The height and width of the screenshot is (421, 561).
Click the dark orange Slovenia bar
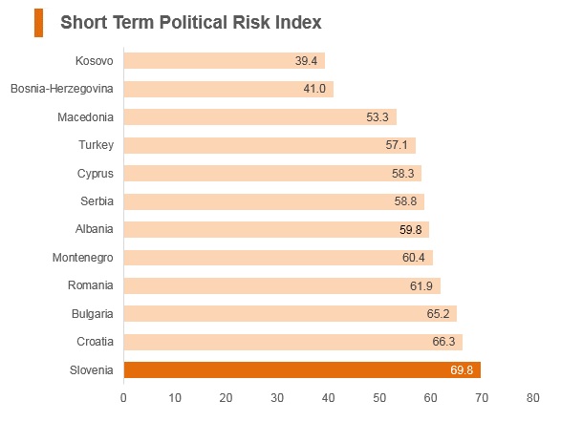click(x=302, y=369)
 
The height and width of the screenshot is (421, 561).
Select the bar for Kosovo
click(x=225, y=61)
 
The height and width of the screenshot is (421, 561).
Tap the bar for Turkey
click(x=270, y=145)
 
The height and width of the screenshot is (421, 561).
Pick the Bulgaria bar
click(x=291, y=314)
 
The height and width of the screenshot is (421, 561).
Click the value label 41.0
click(x=314, y=89)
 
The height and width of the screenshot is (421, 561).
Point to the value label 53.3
click(x=378, y=116)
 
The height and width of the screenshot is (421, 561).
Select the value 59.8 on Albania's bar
click(x=410, y=229)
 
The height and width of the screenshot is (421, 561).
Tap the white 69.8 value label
click(x=462, y=369)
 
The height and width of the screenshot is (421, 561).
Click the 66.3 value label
click(x=443, y=342)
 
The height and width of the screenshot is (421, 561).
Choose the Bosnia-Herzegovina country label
click(x=62, y=89)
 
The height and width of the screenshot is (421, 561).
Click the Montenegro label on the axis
click(x=82, y=258)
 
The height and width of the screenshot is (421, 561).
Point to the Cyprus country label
click(x=96, y=174)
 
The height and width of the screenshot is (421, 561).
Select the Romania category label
click(x=91, y=285)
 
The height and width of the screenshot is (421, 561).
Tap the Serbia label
click(x=97, y=201)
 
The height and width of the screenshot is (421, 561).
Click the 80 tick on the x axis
click(x=532, y=398)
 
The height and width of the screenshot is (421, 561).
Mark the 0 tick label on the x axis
click(x=123, y=398)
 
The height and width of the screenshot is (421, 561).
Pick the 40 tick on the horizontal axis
click(x=328, y=398)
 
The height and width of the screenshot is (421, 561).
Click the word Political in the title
click(x=194, y=22)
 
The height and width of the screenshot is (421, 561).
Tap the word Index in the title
click(x=298, y=22)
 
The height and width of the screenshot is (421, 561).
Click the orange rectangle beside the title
click(x=38, y=23)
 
